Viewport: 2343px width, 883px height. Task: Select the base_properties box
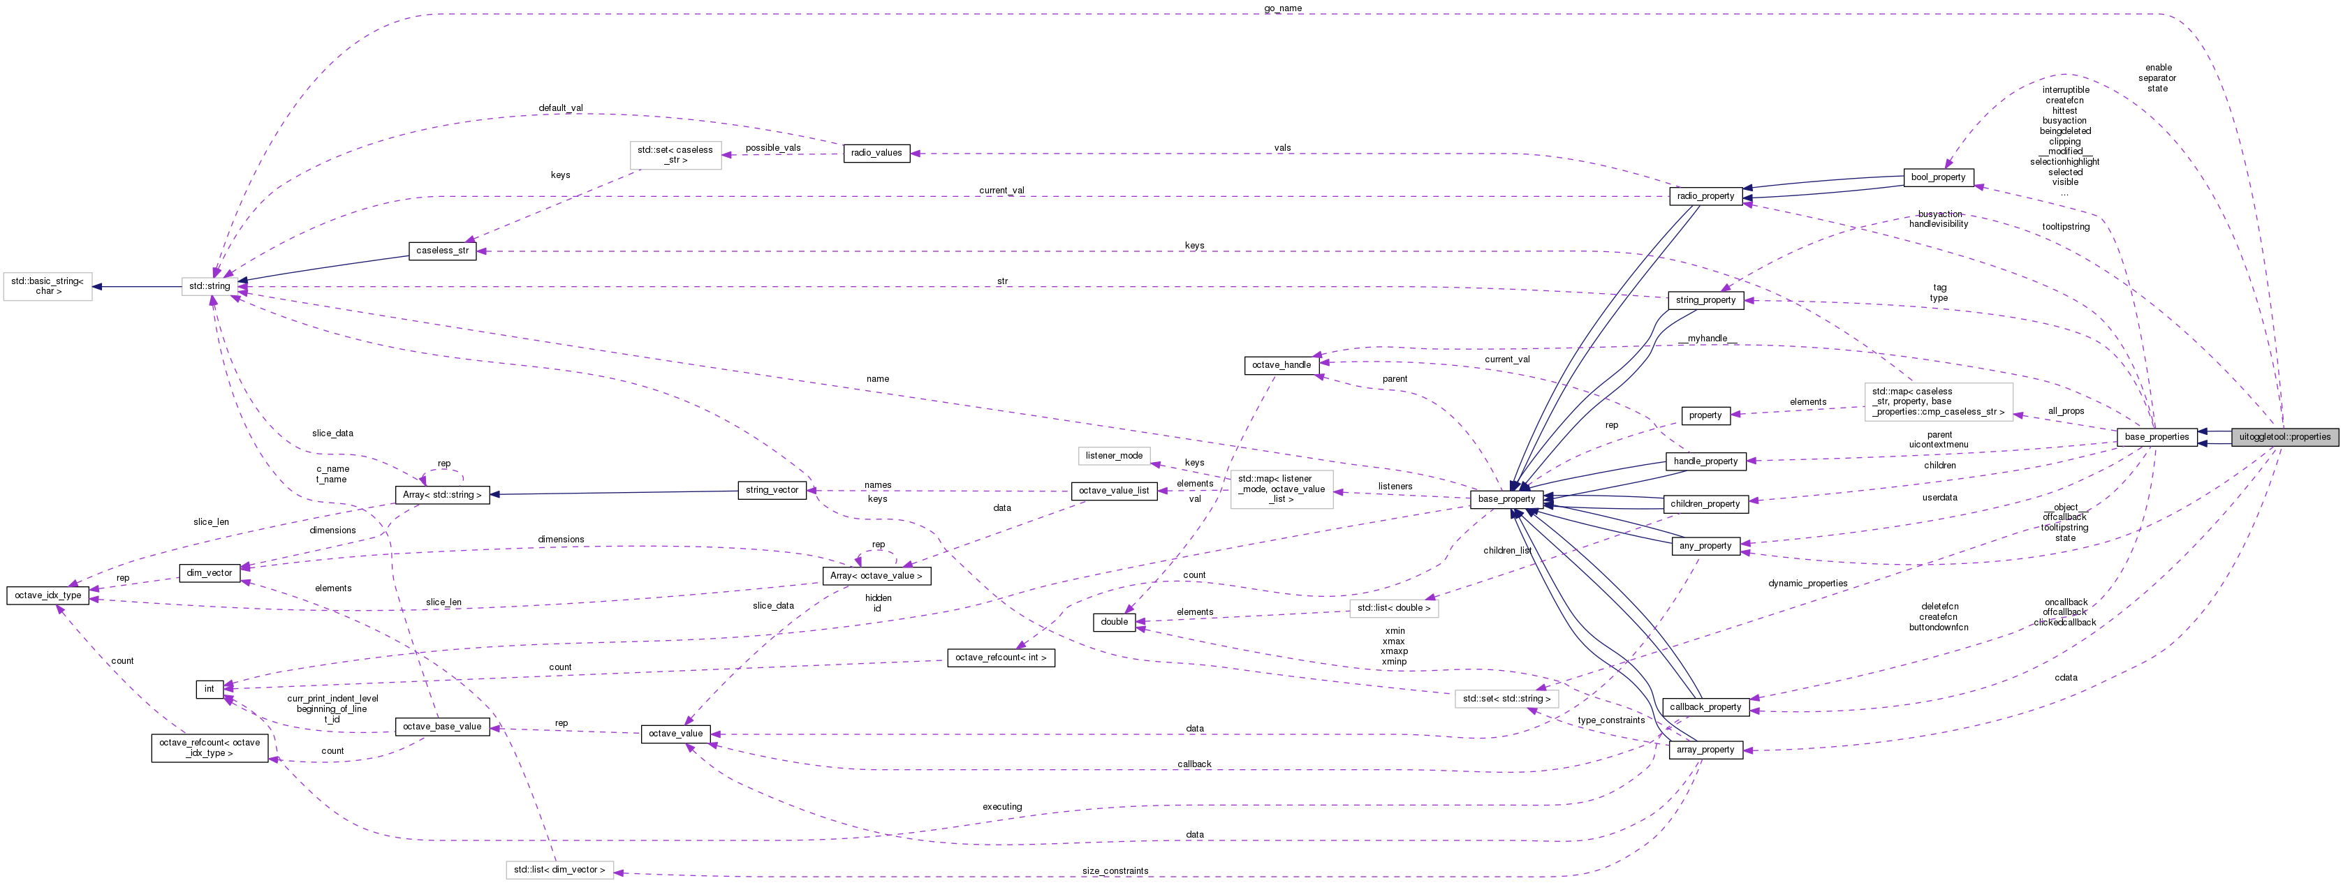[2156, 436]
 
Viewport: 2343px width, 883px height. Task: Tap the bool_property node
[1938, 177]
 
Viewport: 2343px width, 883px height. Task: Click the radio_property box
[1705, 195]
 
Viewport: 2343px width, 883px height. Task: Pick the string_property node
[1705, 300]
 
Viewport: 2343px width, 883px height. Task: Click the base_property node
[1506, 499]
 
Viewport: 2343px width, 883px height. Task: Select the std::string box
[210, 286]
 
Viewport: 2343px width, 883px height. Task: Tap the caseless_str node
[442, 251]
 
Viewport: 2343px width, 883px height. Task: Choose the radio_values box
[876, 153]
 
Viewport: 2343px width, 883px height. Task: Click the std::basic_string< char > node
[47, 286]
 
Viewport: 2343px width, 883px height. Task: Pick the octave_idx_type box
[47, 595]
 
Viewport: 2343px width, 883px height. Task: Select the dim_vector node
[210, 573]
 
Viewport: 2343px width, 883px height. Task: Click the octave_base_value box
[442, 727]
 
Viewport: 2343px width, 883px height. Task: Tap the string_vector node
[771, 490]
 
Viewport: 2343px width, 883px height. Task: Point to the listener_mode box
[1113, 456]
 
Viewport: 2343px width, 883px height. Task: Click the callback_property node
[1705, 706]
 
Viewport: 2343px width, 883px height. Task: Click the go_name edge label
[1282, 8]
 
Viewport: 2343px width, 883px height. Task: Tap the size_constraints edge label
[1115, 871]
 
